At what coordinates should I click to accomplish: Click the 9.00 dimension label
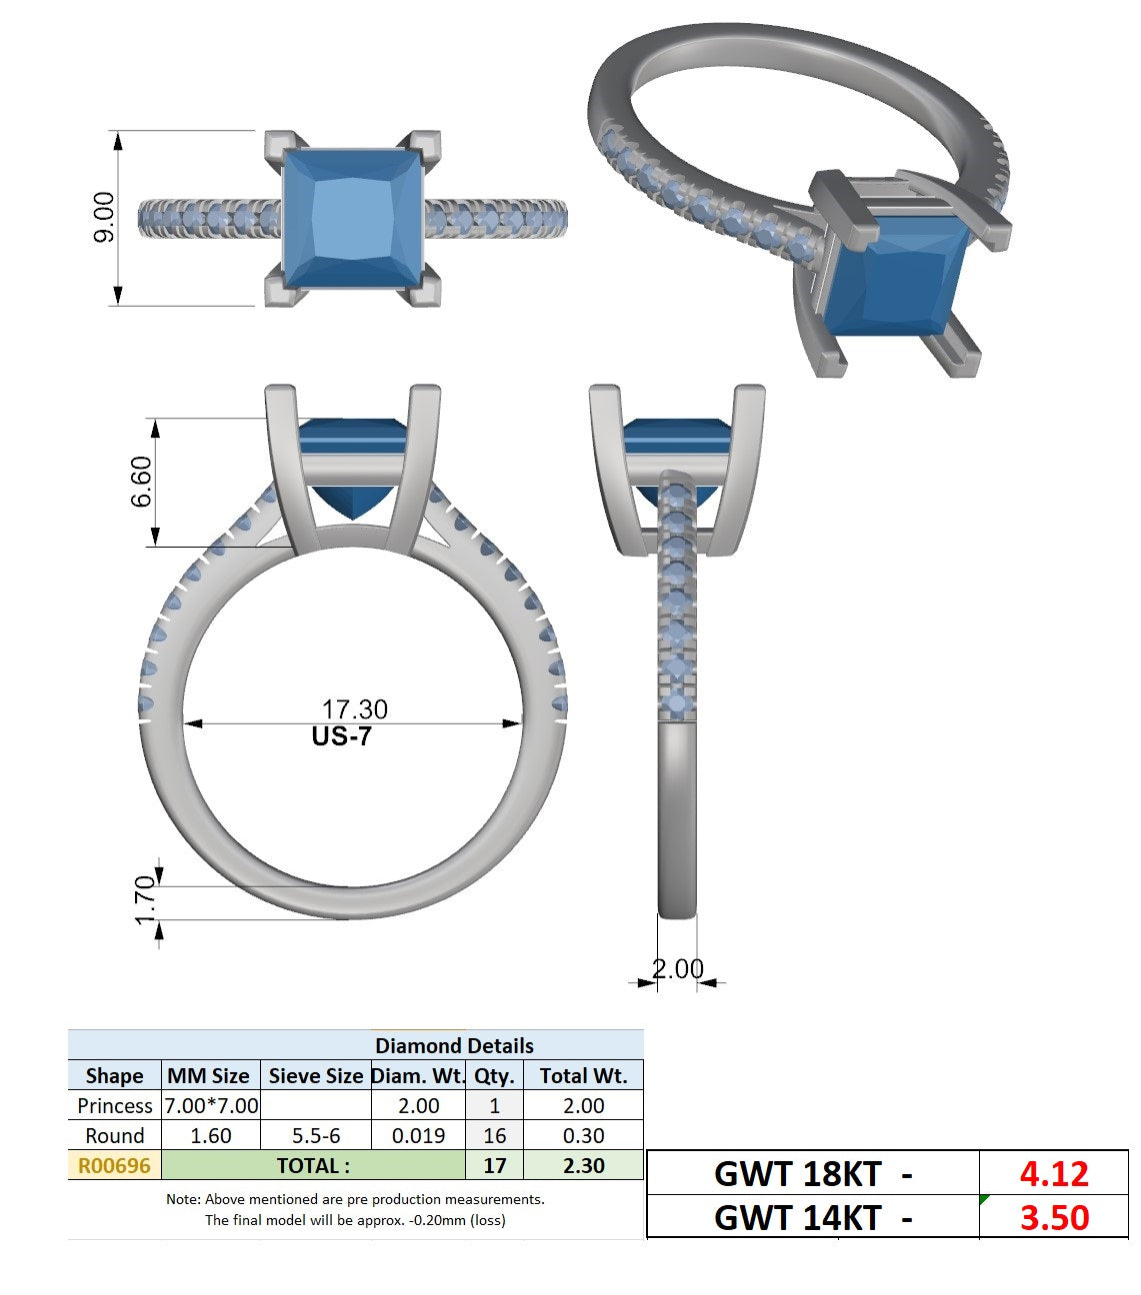(x=104, y=217)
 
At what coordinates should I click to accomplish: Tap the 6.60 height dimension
(x=141, y=482)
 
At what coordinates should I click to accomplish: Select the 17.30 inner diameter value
(x=354, y=708)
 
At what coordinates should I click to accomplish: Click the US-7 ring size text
(x=341, y=736)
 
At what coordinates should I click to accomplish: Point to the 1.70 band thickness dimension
(x=146, y=900)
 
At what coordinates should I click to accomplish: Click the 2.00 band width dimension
(x=678, y=968)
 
